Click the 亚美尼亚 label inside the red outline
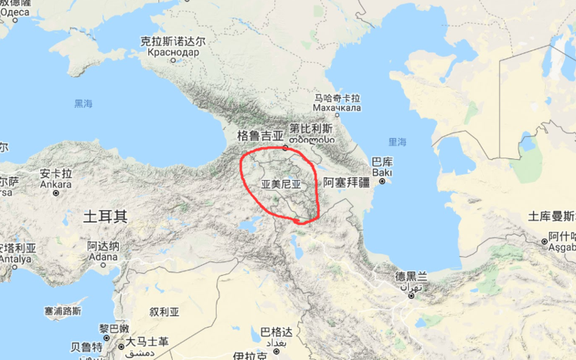(279, 184)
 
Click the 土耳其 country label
(105, 216)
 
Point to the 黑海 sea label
(84, 104)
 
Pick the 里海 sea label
(397, 142)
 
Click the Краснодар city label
(173, 53)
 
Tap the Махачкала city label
(337, 108)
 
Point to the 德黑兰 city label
(411, 276)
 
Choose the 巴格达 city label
(276, 332)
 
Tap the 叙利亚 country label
(163, 312)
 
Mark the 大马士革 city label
(147, 341)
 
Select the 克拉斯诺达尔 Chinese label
(173, 42)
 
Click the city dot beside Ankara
(56, 193)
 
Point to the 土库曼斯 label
(552, 216)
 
